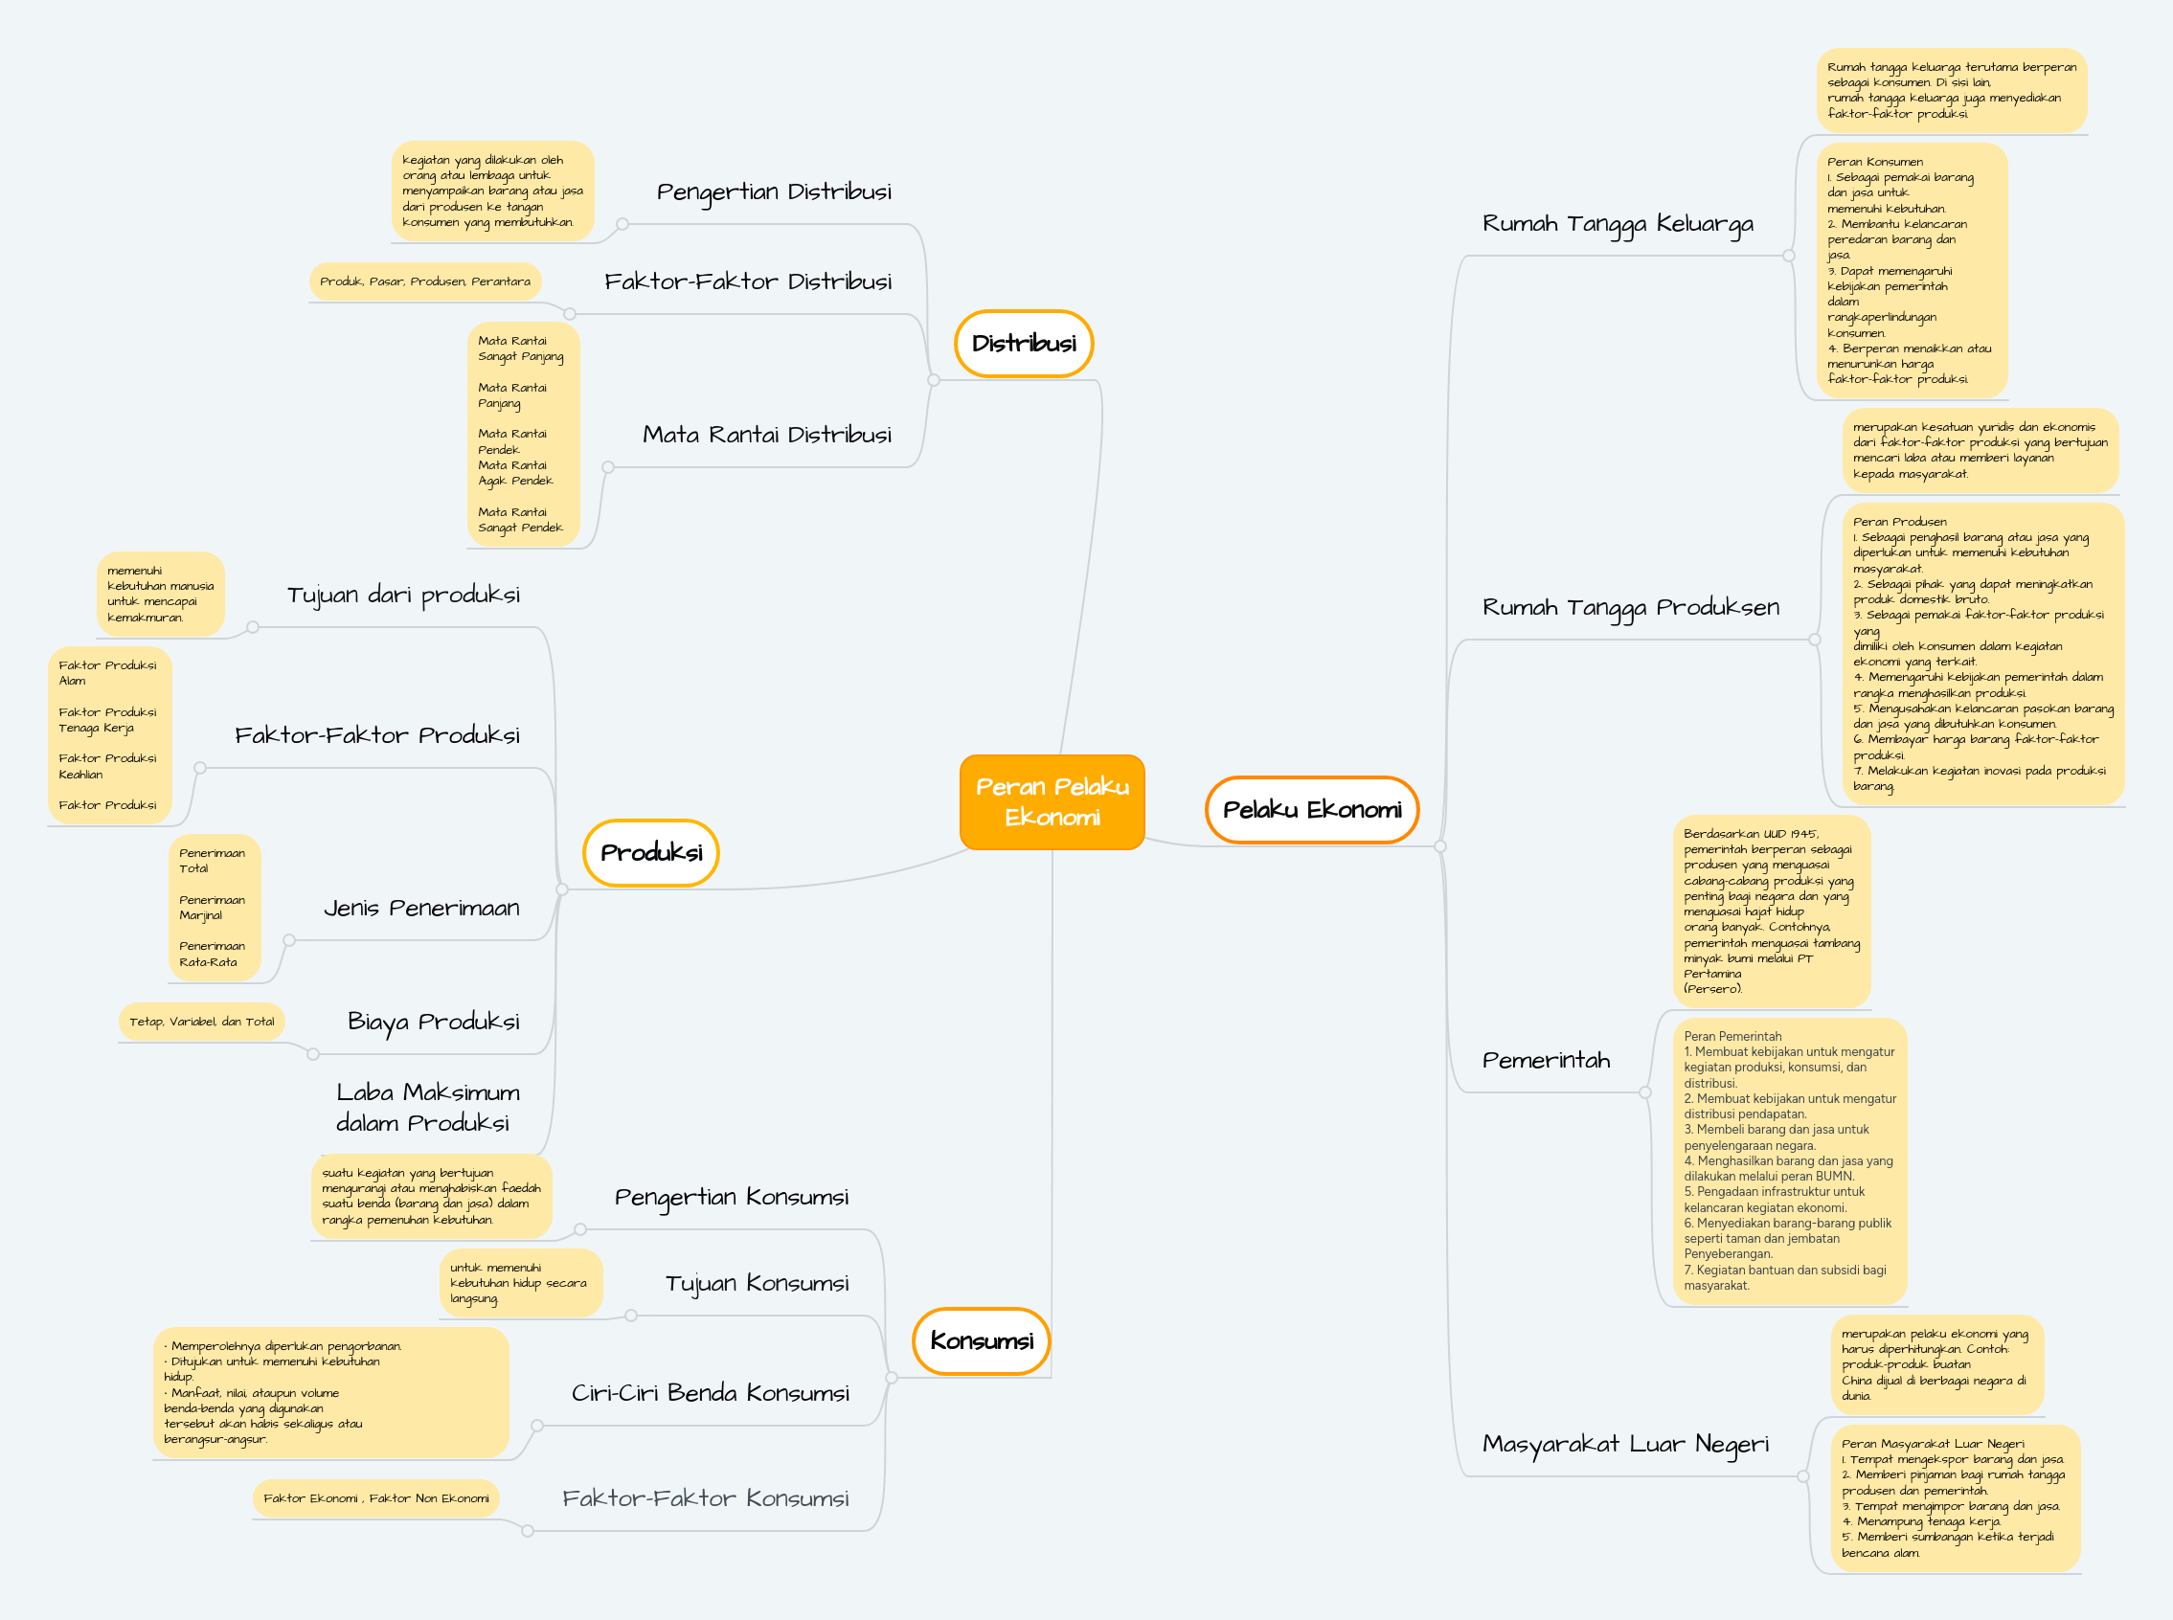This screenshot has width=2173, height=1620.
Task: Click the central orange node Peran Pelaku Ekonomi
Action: (1052, 801)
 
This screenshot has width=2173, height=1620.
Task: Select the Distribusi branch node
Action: (1023, 343)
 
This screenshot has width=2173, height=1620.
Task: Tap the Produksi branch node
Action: (650, 852)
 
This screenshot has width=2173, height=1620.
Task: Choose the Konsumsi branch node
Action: (981, 1339)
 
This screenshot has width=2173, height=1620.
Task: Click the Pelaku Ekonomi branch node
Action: (1311, 809)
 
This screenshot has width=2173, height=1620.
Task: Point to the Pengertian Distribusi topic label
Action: (774, 191)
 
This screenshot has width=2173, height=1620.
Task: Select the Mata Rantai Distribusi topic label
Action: (767, 435)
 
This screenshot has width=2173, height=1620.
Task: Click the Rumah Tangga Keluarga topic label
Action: (1617, 224)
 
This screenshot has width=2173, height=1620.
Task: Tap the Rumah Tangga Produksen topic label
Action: (1630, 607)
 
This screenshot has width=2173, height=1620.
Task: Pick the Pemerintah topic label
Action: (1546, 1060)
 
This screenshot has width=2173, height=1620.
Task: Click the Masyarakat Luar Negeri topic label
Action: (1625, 1444)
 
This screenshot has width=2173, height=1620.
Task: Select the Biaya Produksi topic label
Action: (434, 1021)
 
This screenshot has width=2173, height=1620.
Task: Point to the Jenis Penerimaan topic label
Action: (421, 908)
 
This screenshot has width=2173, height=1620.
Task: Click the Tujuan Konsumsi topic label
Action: (757, 1283)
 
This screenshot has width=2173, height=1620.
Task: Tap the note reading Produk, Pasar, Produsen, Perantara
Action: (424, 281)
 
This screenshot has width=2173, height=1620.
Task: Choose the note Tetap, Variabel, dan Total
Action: (201, 1021)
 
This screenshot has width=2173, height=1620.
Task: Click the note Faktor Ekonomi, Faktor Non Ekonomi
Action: (375, 1497)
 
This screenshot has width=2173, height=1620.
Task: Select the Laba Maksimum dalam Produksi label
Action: (426, 1107)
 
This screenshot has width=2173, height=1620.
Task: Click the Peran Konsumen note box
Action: (1912, 270)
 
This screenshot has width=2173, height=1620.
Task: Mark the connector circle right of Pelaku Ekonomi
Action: (1439, 845)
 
